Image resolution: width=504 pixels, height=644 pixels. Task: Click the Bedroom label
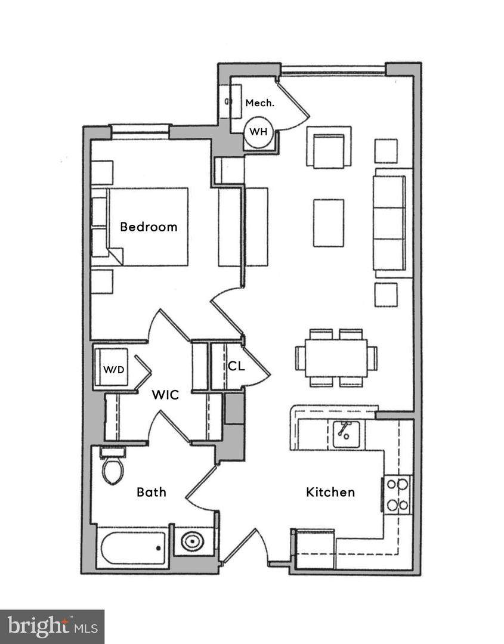click(149, 227)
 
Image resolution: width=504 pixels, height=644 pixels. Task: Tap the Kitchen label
click(330, 492)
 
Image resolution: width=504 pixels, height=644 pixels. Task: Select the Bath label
click(151, 492)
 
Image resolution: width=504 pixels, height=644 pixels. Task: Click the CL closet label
click(236, 366)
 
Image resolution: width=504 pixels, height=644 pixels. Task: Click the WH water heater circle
click(258, 131)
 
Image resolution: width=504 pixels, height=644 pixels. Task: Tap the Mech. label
click(260, 103)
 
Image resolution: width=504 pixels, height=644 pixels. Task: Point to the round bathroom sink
click(193, 542)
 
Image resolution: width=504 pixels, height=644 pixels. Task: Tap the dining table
click(336, 358)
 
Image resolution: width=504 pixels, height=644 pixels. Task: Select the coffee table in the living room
click(329, 223)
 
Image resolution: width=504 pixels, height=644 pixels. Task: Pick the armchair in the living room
click(329, 147)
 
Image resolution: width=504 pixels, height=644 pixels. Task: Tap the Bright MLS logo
click(52, 626)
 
